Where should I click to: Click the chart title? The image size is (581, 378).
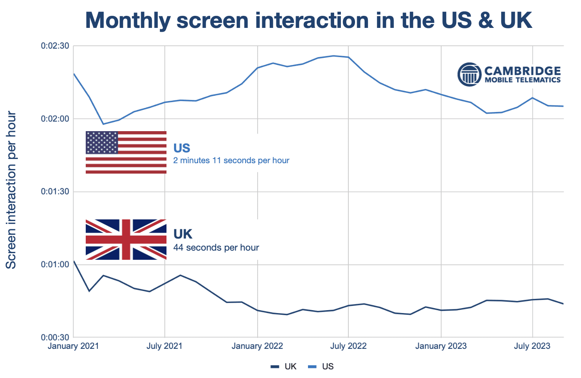tap(308, 20)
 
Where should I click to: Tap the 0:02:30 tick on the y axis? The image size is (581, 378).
tap(55, 46)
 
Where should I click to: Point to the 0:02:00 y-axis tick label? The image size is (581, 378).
tap(55, 119)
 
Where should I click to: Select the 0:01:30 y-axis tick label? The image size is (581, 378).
tap(55, 192)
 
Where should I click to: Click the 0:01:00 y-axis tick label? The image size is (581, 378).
tap(55, 265)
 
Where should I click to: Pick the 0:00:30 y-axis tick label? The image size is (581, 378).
tap(55, 337)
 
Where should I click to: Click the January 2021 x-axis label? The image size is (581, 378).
tap(73, 346)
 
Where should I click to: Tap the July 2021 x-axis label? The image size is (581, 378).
tap(164, 346)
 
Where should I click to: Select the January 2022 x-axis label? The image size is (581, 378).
tap(257, 346)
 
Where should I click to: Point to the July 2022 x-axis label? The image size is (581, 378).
tap(348, 346)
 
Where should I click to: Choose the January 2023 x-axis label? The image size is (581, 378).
tap(441, 346)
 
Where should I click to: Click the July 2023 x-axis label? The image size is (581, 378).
tap(532, 346)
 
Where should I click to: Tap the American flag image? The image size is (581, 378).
tap(126, 152)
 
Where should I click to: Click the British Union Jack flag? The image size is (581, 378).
tap(126, 239)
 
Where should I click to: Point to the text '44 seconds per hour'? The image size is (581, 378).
tap(216, 248)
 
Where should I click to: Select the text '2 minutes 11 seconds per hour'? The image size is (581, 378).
tap(231, 161)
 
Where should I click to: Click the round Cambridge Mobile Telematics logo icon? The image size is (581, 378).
tap(469, 75)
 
